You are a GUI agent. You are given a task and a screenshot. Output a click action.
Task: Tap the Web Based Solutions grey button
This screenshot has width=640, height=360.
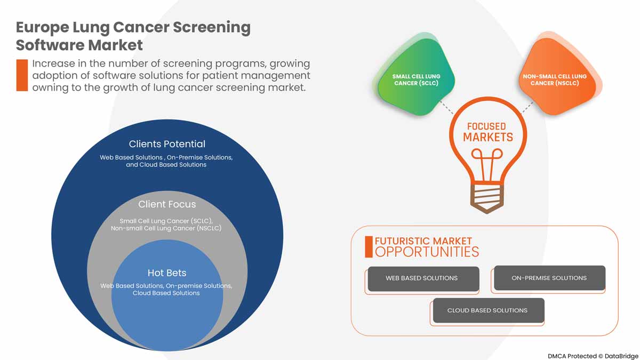422,278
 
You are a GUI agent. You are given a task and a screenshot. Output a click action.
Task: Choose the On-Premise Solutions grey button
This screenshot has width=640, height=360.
549,278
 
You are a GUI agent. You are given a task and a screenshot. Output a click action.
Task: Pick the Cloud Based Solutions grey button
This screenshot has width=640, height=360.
487,310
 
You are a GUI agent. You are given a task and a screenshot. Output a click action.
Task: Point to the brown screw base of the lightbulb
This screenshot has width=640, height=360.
486,197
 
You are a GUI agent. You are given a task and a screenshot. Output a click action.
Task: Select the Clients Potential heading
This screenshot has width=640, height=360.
167,144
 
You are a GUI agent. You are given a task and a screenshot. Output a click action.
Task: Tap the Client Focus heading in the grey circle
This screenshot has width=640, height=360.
167,204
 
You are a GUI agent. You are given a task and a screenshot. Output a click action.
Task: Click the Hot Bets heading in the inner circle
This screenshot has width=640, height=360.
167,273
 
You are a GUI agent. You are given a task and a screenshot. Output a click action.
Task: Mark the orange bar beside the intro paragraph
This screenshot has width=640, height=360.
22,75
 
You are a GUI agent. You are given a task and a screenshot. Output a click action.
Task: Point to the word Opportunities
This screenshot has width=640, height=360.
427,252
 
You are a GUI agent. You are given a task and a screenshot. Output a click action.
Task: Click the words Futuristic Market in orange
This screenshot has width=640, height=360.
423,241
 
